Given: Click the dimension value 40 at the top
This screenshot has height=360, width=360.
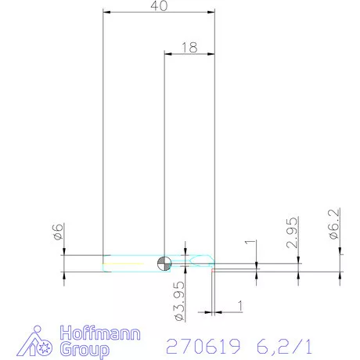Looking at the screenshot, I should click(160, 6).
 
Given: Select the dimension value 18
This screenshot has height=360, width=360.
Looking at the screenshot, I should click(189, 47).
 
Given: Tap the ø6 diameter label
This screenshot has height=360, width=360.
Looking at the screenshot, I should click(58, 232).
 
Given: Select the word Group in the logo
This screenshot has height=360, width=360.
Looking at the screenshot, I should click(85, 348).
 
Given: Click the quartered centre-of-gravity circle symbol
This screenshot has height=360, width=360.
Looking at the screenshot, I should click(164, 262).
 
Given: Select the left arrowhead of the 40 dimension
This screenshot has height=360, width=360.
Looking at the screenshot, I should click(108, 12).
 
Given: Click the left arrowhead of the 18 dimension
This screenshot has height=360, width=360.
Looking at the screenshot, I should click(168, 52).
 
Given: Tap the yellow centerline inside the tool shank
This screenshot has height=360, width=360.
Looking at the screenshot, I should click(129, 263).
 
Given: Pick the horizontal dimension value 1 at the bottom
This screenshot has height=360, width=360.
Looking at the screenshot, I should click(240, 304).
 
